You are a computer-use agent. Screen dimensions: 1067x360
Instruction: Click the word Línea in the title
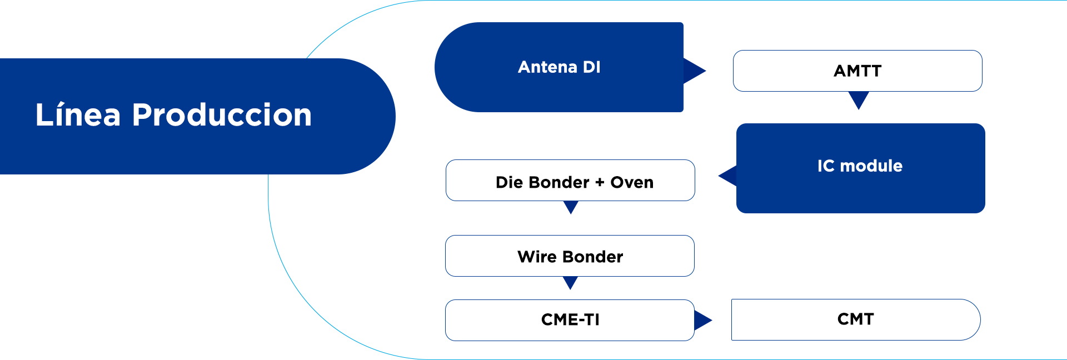(x=78, y=114)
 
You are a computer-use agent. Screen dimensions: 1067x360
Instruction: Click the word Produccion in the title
(x=222, y=115)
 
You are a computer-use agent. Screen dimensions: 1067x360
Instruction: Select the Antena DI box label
(x=559, y=67)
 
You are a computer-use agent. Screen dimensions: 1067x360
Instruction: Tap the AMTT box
(x=857, y=71)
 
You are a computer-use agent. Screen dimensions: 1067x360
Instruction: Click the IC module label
(x=860, y=166)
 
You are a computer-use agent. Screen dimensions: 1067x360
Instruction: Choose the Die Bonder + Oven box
(x=570, y=180)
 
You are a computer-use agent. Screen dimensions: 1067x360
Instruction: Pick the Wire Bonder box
(x=570, y=256)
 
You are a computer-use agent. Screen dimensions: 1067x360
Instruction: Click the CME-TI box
(x=570, y=320)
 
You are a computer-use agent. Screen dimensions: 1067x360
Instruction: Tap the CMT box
(x=856, y=319)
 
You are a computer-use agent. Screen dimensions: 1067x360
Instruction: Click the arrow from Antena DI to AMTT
(x=694, y=71)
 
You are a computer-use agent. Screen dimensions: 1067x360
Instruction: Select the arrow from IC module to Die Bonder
(x=728, y=176)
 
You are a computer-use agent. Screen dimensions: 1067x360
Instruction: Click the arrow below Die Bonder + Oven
(x=571, y=207)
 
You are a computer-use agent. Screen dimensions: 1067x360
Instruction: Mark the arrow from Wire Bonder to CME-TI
(x=570, y=283)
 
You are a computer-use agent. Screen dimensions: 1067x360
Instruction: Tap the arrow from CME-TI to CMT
(x=702, y=320)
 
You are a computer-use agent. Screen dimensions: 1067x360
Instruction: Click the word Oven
(x=632, y=182)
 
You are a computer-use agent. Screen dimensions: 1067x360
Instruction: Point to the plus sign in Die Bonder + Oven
(x=600, y=183)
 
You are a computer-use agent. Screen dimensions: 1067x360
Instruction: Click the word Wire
(x=537, y=257)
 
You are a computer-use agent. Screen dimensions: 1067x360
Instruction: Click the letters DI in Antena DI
(x=591, y=67)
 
